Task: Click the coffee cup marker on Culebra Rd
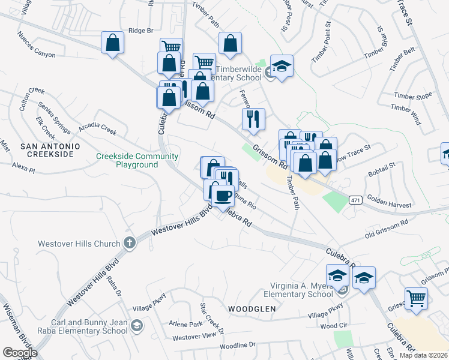tap(223, 195)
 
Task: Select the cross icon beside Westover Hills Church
tap(128, 243)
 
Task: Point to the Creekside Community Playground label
tap(137, 160)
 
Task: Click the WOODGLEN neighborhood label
tap(252, 308)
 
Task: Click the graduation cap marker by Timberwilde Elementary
tap(281, 67)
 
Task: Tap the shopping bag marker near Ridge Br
tap(112, 43)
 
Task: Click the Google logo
tap(20, 353)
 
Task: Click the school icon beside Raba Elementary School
tap(137, 326)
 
